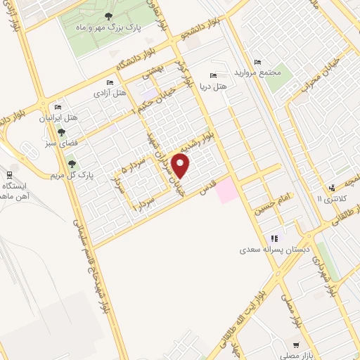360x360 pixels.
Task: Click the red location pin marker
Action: (182, 166)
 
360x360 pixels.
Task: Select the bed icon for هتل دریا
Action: (214, 75)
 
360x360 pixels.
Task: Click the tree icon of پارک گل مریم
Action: (71, 163)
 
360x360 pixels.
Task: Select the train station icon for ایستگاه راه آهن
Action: (9, 174)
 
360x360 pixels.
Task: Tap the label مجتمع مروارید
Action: (266, 72)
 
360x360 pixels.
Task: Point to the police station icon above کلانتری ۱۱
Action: (330, 187)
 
